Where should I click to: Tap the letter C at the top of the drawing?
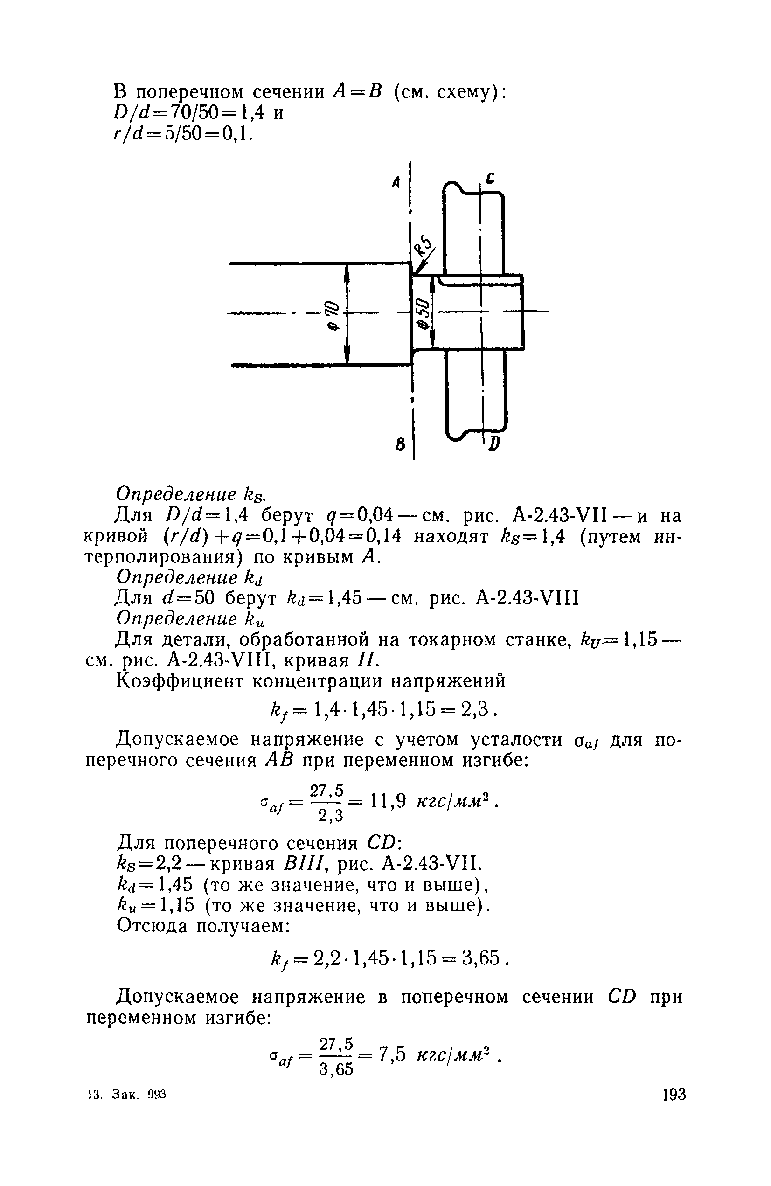pos(490,178)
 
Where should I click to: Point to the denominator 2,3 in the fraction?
pos(330,815)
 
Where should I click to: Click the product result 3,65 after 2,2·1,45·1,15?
pos(480,957)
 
